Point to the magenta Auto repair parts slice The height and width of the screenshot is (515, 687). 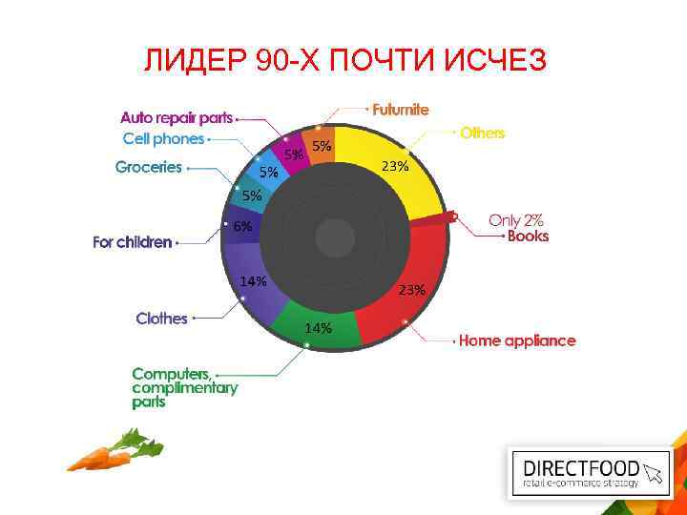pyautogui.click(x=296, y=153)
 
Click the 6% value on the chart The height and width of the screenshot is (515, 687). pyautogui.click(x=243, y=227)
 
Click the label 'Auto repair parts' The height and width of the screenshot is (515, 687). pyautogui.click(x=177, y=118)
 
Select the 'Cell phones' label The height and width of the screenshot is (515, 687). pyautogui.click(x=163, y=138)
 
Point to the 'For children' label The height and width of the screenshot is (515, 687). pyautogui.click(x=133, y=242)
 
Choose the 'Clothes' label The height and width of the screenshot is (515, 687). pyautogui.click(x=161, y=319)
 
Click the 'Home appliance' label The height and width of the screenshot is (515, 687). pyautogui.click(x=517, y=340)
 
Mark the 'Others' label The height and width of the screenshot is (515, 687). pyautogui.click(x=482, y=134)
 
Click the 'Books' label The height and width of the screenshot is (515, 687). pyautogui.click(x=528, y=236)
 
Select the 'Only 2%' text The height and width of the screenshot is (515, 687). pyautogui.click(x=516, y=219)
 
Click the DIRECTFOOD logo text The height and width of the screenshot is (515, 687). pyautogui.click(x=584, y=468)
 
